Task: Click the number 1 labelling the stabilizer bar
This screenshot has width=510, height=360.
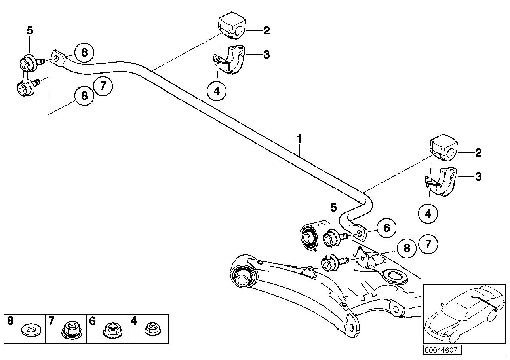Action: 299,139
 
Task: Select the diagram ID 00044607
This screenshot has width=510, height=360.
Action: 441,350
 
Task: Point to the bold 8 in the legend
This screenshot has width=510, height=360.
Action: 11,321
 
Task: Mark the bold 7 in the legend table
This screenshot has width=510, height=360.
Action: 51,321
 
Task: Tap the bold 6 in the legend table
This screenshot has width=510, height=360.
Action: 92,321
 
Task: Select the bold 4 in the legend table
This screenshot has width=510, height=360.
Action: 133,321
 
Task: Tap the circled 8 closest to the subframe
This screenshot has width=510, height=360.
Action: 407,248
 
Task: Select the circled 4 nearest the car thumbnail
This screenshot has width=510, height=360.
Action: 428,214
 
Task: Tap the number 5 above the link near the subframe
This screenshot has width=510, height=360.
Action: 333,207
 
